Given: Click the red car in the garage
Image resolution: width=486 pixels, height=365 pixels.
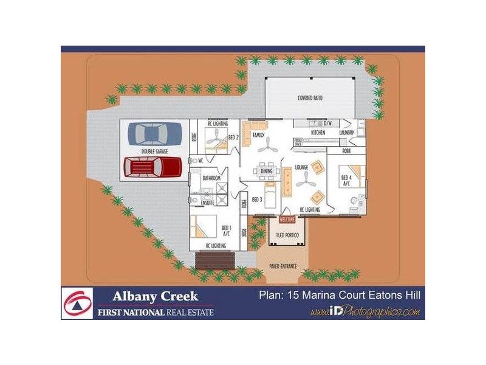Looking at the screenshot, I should [x=152, y=166].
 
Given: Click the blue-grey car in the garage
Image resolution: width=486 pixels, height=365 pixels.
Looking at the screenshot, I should [x=154, y=133].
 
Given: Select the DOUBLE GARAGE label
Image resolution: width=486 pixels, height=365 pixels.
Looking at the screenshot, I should [x=154, y=150].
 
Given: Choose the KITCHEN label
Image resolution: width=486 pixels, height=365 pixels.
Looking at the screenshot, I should [x=318, y=131].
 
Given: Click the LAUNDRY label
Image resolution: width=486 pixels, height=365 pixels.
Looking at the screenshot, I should [x=346, y=131].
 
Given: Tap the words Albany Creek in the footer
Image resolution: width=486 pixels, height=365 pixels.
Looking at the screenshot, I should [x=155, y=296].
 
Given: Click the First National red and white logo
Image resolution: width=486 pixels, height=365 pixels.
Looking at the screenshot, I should [x=77, y=303].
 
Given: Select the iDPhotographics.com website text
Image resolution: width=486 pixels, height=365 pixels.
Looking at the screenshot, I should [x=364, y=312].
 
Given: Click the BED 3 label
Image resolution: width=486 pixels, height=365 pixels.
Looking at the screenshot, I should [x=256, y=199].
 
